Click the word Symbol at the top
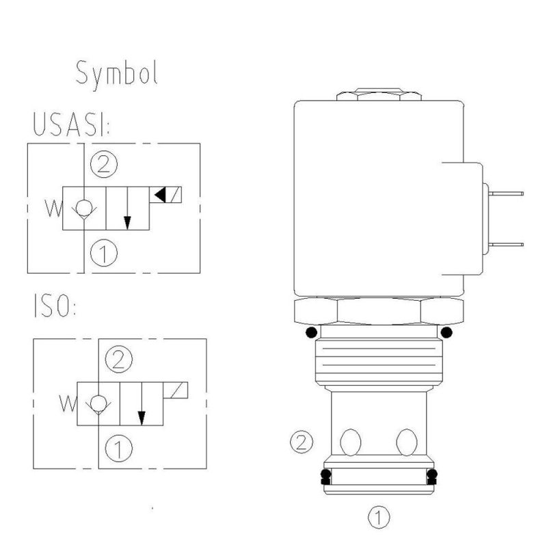pos(117,73)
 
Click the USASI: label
pos(72,125)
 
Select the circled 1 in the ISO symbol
pos(119,449)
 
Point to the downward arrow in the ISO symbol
pos(142,408)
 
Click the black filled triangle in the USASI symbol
pos(160,194)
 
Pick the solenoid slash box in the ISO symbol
pos(176,390)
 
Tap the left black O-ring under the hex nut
pos(312,333)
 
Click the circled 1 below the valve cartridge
pos(378,516)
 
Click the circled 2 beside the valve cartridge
pos(301,442)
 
